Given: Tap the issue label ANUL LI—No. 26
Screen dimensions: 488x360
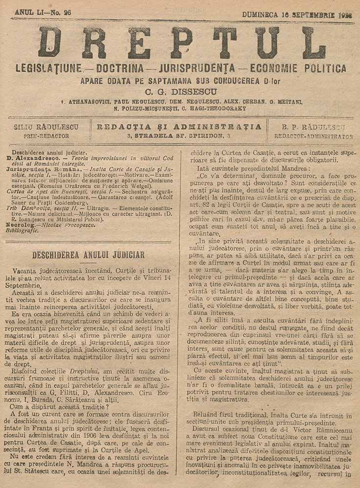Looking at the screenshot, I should (43, 12).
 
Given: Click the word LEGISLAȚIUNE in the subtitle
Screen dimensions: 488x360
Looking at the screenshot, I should (49, 68).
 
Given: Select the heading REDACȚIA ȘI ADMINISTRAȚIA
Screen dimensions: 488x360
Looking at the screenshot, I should (179, 127).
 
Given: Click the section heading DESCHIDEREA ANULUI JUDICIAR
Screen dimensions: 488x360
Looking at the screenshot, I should (88, 254).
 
